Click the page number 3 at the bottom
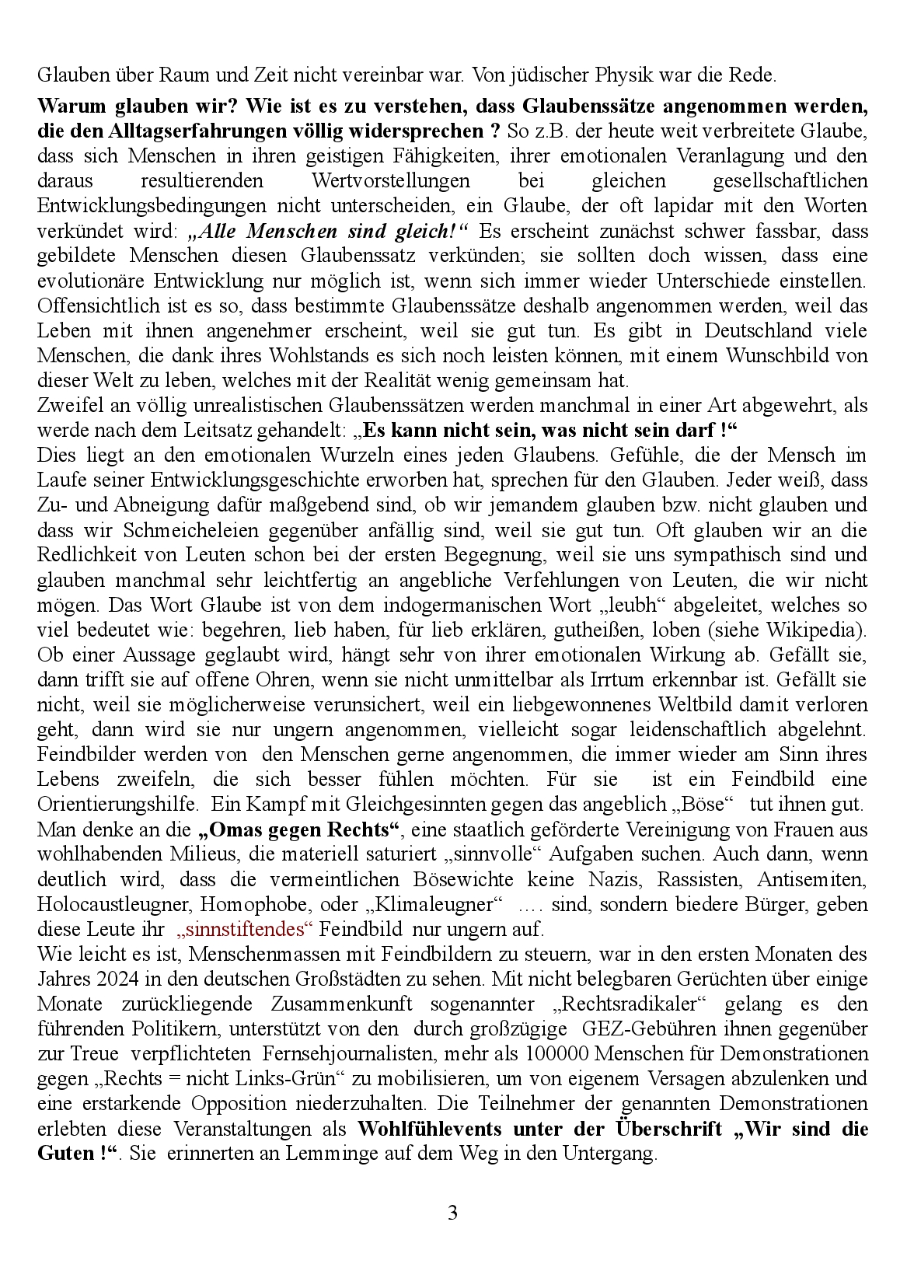pyautogui.click(x=453, y=1213)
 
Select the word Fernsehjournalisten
pyautogui.click(x=351, y=1054)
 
